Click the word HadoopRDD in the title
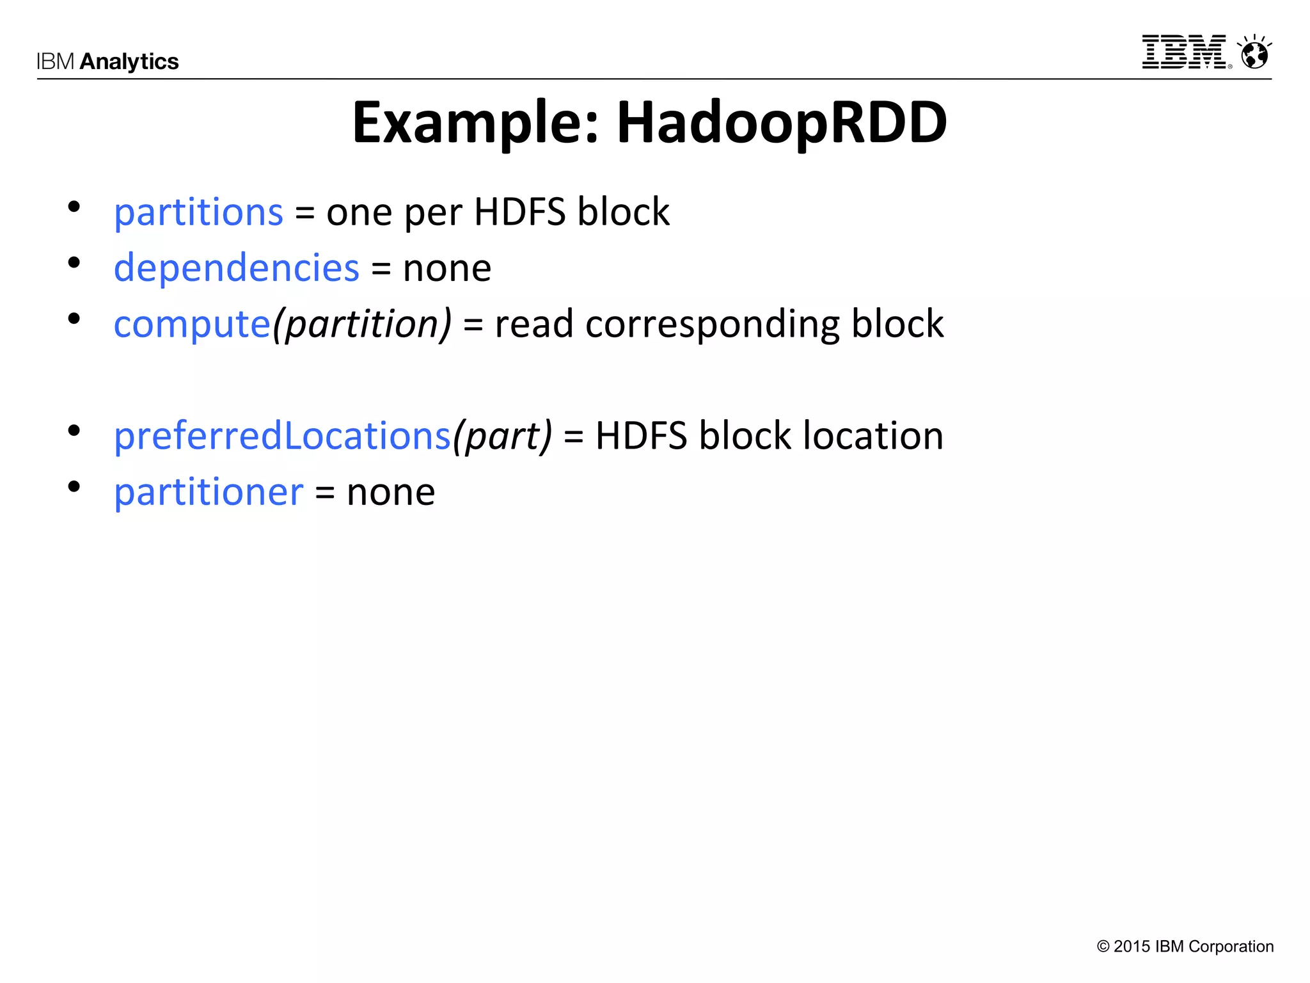781,123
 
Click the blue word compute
192,324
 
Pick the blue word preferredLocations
282,436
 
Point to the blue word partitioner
209,492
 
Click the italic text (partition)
362,324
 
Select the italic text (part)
502,436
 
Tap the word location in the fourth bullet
873,436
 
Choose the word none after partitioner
390,492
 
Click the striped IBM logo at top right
1185,52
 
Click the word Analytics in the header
129,61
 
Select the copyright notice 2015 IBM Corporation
1185,947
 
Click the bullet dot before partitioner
74,487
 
